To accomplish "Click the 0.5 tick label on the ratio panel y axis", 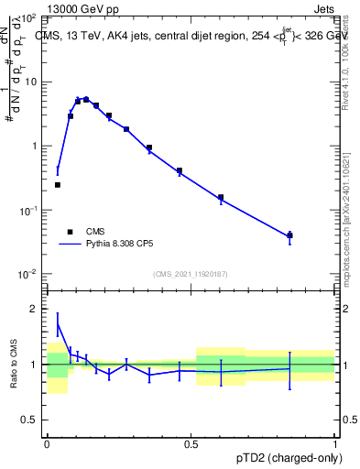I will point(31,421).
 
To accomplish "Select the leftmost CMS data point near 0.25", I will point(58,185).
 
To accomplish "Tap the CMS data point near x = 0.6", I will point(221,197).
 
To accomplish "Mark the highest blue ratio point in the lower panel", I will point(58,323).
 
